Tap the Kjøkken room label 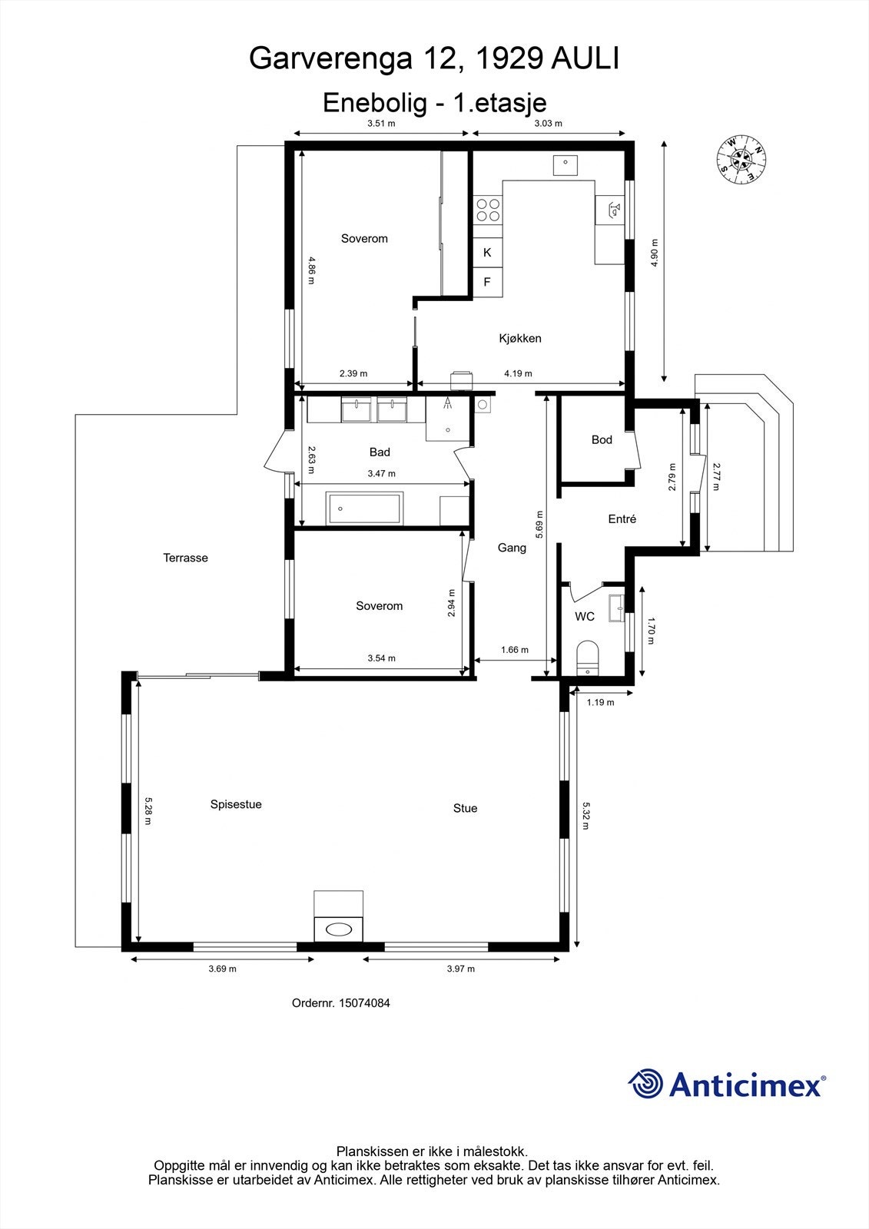[520, 338]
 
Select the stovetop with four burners [487, 210]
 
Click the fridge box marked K [487, 252]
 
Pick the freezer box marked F [487, 282]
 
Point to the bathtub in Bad [364, 508]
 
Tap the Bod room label [602, 439]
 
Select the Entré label [622, 519]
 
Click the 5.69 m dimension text [540, 525]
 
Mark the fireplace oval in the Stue [339, 929]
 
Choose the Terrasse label [185, 558]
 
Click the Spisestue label [236, 804]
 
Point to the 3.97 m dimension [461, 969]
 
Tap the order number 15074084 [364, 1002]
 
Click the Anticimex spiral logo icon [646, 1084]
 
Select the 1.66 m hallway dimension [514, 650]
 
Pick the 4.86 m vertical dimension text [311, 270]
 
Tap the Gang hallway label [512, 548]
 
